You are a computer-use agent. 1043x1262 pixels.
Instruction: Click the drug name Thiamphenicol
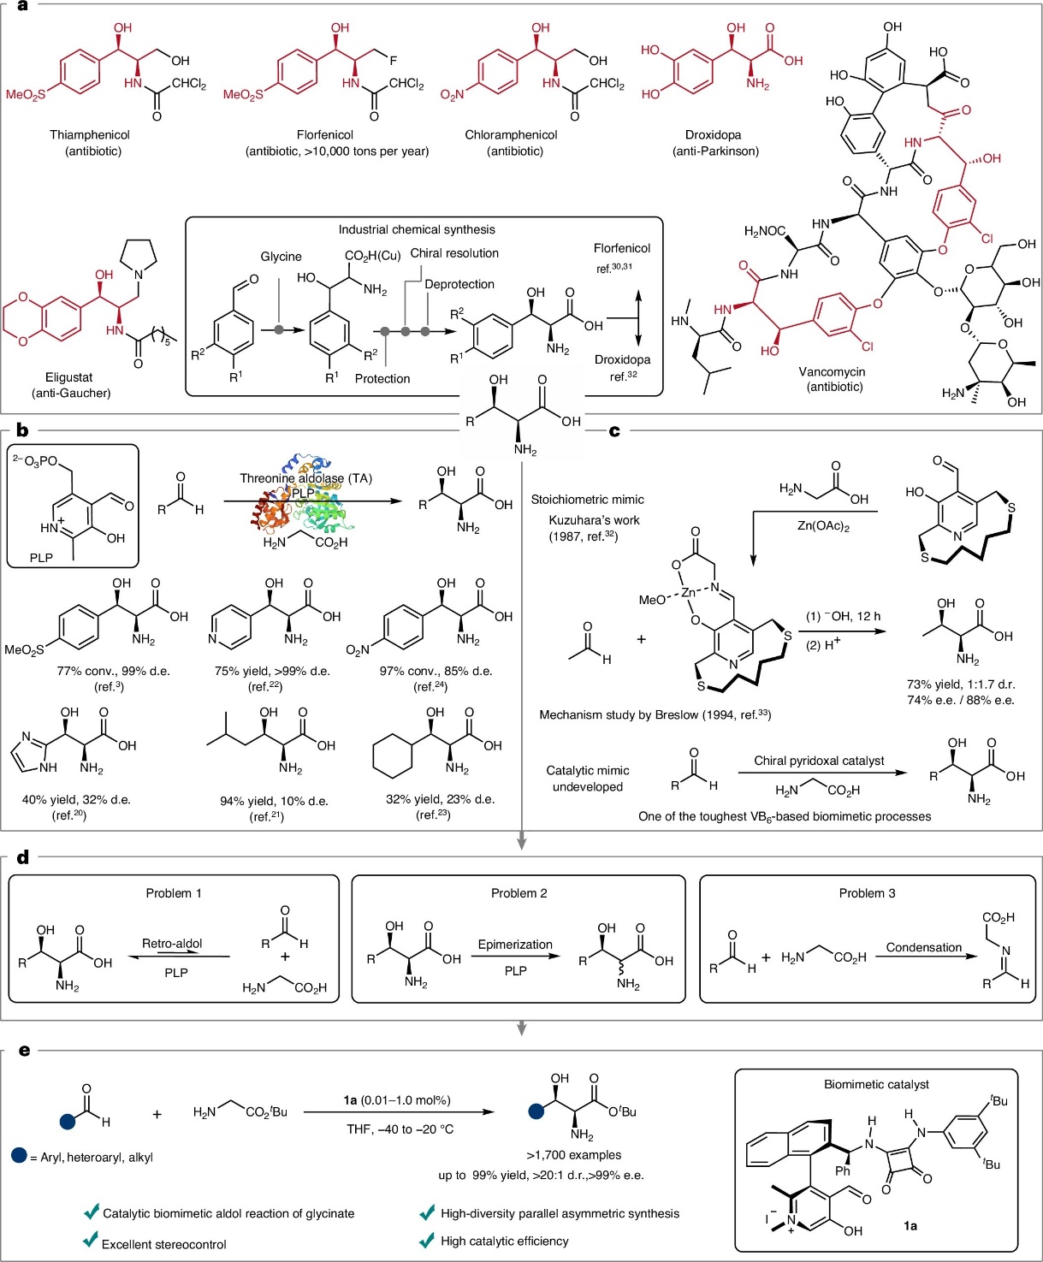[90, 135]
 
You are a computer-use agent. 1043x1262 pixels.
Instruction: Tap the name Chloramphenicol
[511, 135]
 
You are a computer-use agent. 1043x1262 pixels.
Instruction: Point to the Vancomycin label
[832, 372]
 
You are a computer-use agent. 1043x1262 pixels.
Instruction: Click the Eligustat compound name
[69, 377]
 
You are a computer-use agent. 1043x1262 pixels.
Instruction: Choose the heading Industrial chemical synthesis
[417, 229]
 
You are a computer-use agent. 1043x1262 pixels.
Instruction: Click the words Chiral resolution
[454, 253]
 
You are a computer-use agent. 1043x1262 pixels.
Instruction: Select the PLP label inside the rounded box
[41, 558]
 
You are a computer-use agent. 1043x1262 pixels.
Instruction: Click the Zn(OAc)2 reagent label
[823, 526]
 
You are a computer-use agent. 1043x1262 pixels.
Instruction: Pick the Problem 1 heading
[174, 893]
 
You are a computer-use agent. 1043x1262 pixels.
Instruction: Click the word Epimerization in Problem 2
[515, 945]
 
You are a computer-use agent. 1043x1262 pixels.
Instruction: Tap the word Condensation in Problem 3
[924, 947]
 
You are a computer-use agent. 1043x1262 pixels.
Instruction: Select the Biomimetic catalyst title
[876, 1085]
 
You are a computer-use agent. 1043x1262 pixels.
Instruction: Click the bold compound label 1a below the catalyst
[910, 1226]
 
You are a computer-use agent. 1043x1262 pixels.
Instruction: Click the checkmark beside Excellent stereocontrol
[90, 1241]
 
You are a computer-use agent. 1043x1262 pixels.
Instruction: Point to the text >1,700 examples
[574, 1155]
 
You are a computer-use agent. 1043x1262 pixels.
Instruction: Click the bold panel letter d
[23, 857]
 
